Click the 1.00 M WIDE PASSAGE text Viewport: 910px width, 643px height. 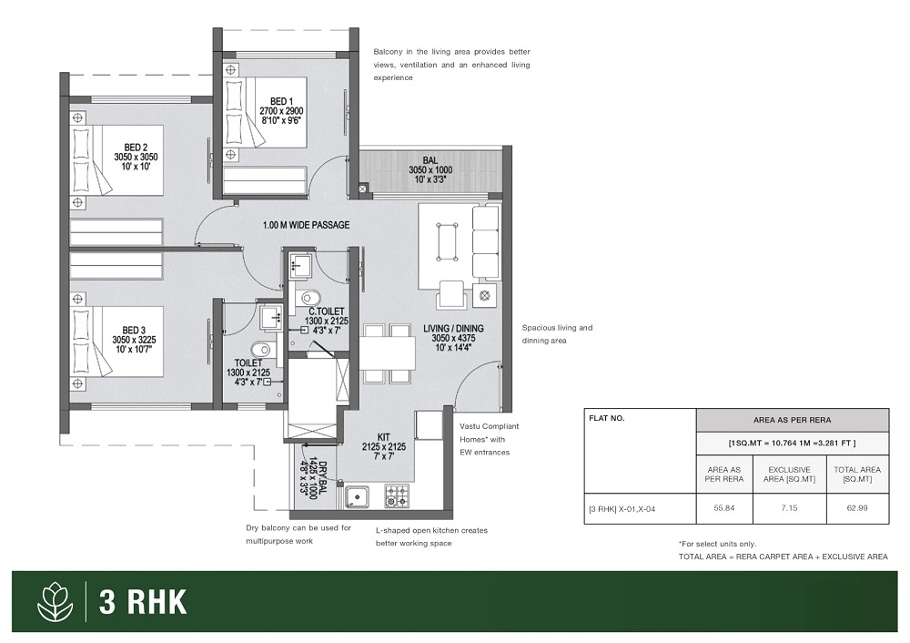point(306,225)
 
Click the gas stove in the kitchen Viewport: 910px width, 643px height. point(397,496)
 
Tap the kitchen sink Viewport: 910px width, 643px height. point(358,497)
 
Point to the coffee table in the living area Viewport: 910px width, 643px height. point(447,241)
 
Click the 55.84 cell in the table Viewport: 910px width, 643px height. point(724,508)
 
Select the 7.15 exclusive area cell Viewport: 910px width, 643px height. point(789,508)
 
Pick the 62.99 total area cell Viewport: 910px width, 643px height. point(857,508)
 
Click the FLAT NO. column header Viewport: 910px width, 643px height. point(606,418)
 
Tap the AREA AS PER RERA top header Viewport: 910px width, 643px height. point(793,420)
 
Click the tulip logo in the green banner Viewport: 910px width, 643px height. point(56,601)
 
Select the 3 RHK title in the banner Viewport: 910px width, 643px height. point(143,602)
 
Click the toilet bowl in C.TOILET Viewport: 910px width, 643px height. point(308,298)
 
